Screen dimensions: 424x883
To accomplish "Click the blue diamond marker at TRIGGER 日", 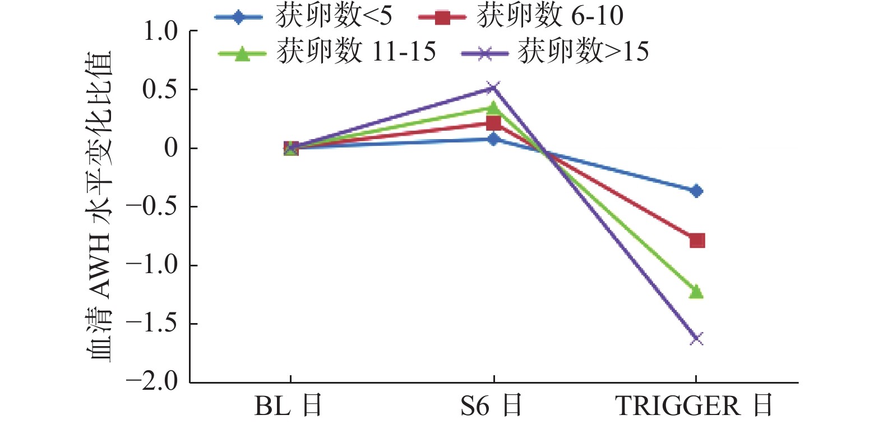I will point(696,191).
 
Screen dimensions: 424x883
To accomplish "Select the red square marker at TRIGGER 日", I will point(697,241).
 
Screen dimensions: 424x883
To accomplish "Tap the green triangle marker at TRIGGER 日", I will point(696,292).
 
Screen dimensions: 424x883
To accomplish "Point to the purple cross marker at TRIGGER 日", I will point(696,338).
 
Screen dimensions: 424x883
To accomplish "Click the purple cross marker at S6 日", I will point(493,88).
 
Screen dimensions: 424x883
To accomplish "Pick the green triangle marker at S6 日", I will point(493,107).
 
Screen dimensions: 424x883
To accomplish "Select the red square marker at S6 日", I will point(493,123).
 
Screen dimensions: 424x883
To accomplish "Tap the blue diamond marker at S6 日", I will point(493,139).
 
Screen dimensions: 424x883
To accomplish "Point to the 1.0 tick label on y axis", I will point(160,31).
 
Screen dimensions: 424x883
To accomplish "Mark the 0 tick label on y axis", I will point(170,149).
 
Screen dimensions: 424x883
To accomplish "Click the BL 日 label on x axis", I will point(289,405).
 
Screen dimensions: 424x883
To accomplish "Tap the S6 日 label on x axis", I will point(492,405).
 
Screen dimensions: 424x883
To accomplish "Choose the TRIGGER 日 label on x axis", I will point(694,405).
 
